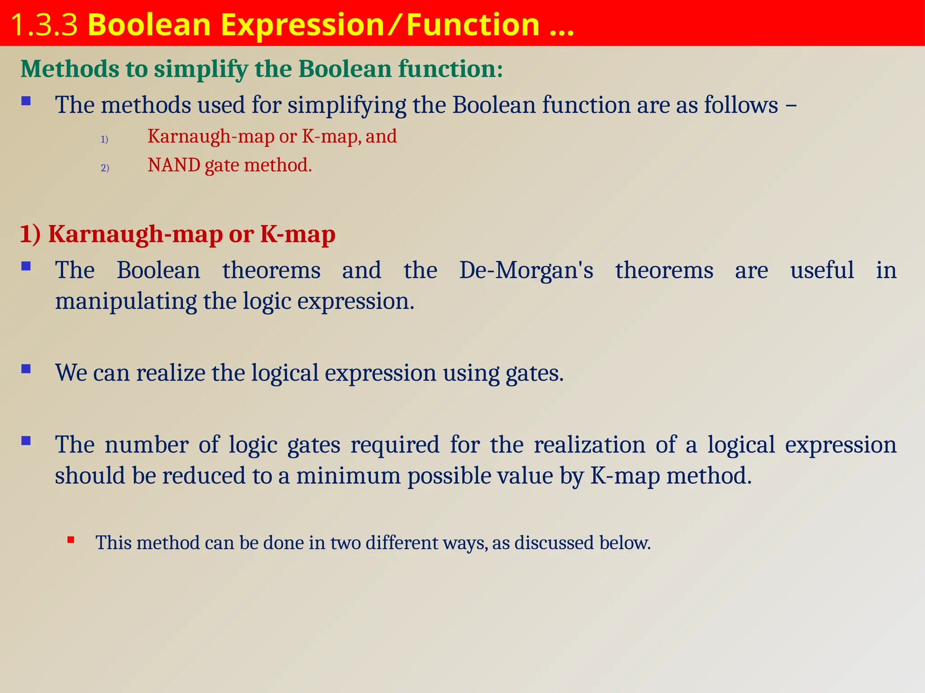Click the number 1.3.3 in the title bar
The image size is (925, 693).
coord(44,25)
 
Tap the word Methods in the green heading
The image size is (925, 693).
coord(70,69)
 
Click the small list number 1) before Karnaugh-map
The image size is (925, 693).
coord(104,139)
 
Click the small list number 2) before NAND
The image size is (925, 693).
coord(105,168)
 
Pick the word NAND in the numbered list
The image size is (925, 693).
coord(174,165)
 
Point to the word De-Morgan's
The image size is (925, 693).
coord(526,271)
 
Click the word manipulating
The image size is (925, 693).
coord(126,301)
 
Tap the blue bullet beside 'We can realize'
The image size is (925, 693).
coord(26,369)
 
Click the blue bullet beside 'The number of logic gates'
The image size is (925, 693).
coord(26,440)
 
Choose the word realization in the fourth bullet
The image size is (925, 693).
coord(589,445)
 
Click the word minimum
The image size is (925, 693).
coord(348,476)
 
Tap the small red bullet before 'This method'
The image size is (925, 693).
coord(71,539)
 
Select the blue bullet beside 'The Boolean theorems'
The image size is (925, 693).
coord(26,266)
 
